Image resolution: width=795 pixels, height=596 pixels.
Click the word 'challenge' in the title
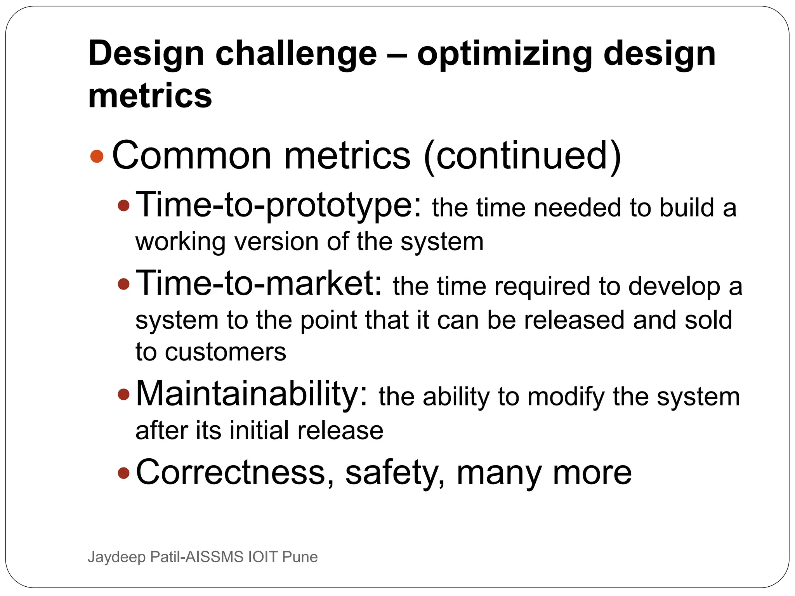pos(296,54)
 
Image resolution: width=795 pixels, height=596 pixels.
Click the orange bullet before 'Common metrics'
pos(97,156)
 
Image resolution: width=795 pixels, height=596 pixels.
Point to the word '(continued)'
pos(522,156)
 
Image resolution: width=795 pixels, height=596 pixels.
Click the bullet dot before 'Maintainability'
pos(123,395)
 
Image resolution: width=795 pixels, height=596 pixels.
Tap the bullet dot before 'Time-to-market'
pos(123,284)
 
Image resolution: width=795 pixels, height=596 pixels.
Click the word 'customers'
pos(226,352)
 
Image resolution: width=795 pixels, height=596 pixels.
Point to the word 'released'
pos(575,320)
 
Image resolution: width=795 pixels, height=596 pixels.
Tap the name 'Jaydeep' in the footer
pos(116,557)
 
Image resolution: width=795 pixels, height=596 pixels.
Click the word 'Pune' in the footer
pos(300,557)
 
